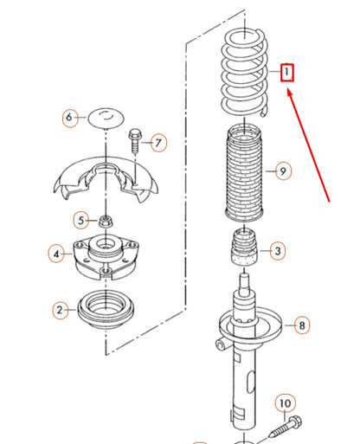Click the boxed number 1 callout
pyautogui.click(x=287, y=73)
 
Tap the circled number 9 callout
pyautogui.click(x=283, y=171)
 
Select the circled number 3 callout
pyautogui.click(x=278, y=251)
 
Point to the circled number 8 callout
pyautogui.click(x=302, y=325)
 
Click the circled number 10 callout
pyautogui.click(x=286, y=403)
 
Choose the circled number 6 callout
pyautogui.click(x=70, y=118)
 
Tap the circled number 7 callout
pyautogui.click(x=158, y=143)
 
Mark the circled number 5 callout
pyautogui.click(x=81, y=221)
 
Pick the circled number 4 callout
pyautogui.click(x=56, y=254)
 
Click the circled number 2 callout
pyautogui.click(x=61, y=310)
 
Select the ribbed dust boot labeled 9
pyautogui.click(x=244, y=173)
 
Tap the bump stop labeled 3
pyautogui.click(x=244, y=246)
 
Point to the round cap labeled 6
pyautogui.click(x=106, y=118)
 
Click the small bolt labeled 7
pyautogui.click(x=135, y=141)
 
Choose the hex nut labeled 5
pyautogui.click(x=106, y=222)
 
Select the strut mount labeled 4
pyautogui.click(x=106, y=256)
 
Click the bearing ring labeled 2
pyautogui.click(x=106, y=309)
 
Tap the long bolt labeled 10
pyautogui.click(x=286, y=428)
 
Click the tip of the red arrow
pyautogui.click(x=288, y=90)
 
